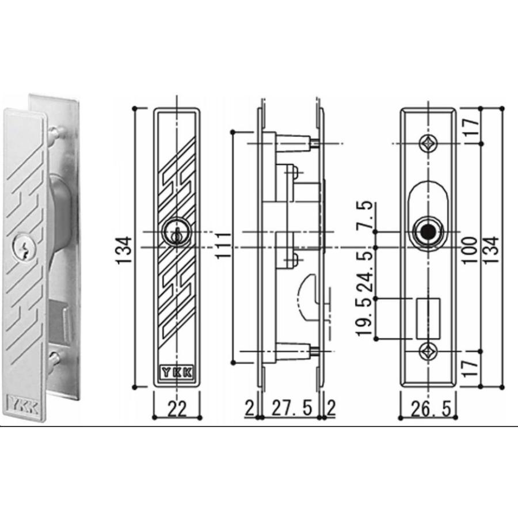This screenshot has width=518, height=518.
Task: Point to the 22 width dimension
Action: (x=178, y=409)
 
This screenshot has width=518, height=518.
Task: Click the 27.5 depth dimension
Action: (x=291, y=409)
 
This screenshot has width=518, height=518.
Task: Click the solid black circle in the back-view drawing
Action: (x=426, y=233)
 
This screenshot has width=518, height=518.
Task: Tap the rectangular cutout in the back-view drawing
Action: (x=428, y=317)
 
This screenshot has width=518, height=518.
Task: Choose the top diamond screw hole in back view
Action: (x=428, y=143)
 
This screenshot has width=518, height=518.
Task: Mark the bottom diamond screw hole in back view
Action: (x=428, y=351)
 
